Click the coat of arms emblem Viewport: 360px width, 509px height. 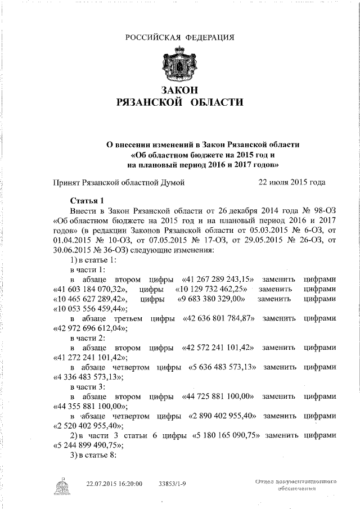[179, 65]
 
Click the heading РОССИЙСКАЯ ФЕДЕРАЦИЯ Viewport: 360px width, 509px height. [179, 38]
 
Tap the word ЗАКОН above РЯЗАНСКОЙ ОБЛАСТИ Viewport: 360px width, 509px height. [179, 89]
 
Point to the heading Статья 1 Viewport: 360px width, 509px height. [87, 200]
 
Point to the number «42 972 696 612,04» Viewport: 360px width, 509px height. [91, 329]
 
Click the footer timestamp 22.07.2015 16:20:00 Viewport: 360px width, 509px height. [114, 483]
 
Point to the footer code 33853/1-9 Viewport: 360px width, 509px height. [174, 483]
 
